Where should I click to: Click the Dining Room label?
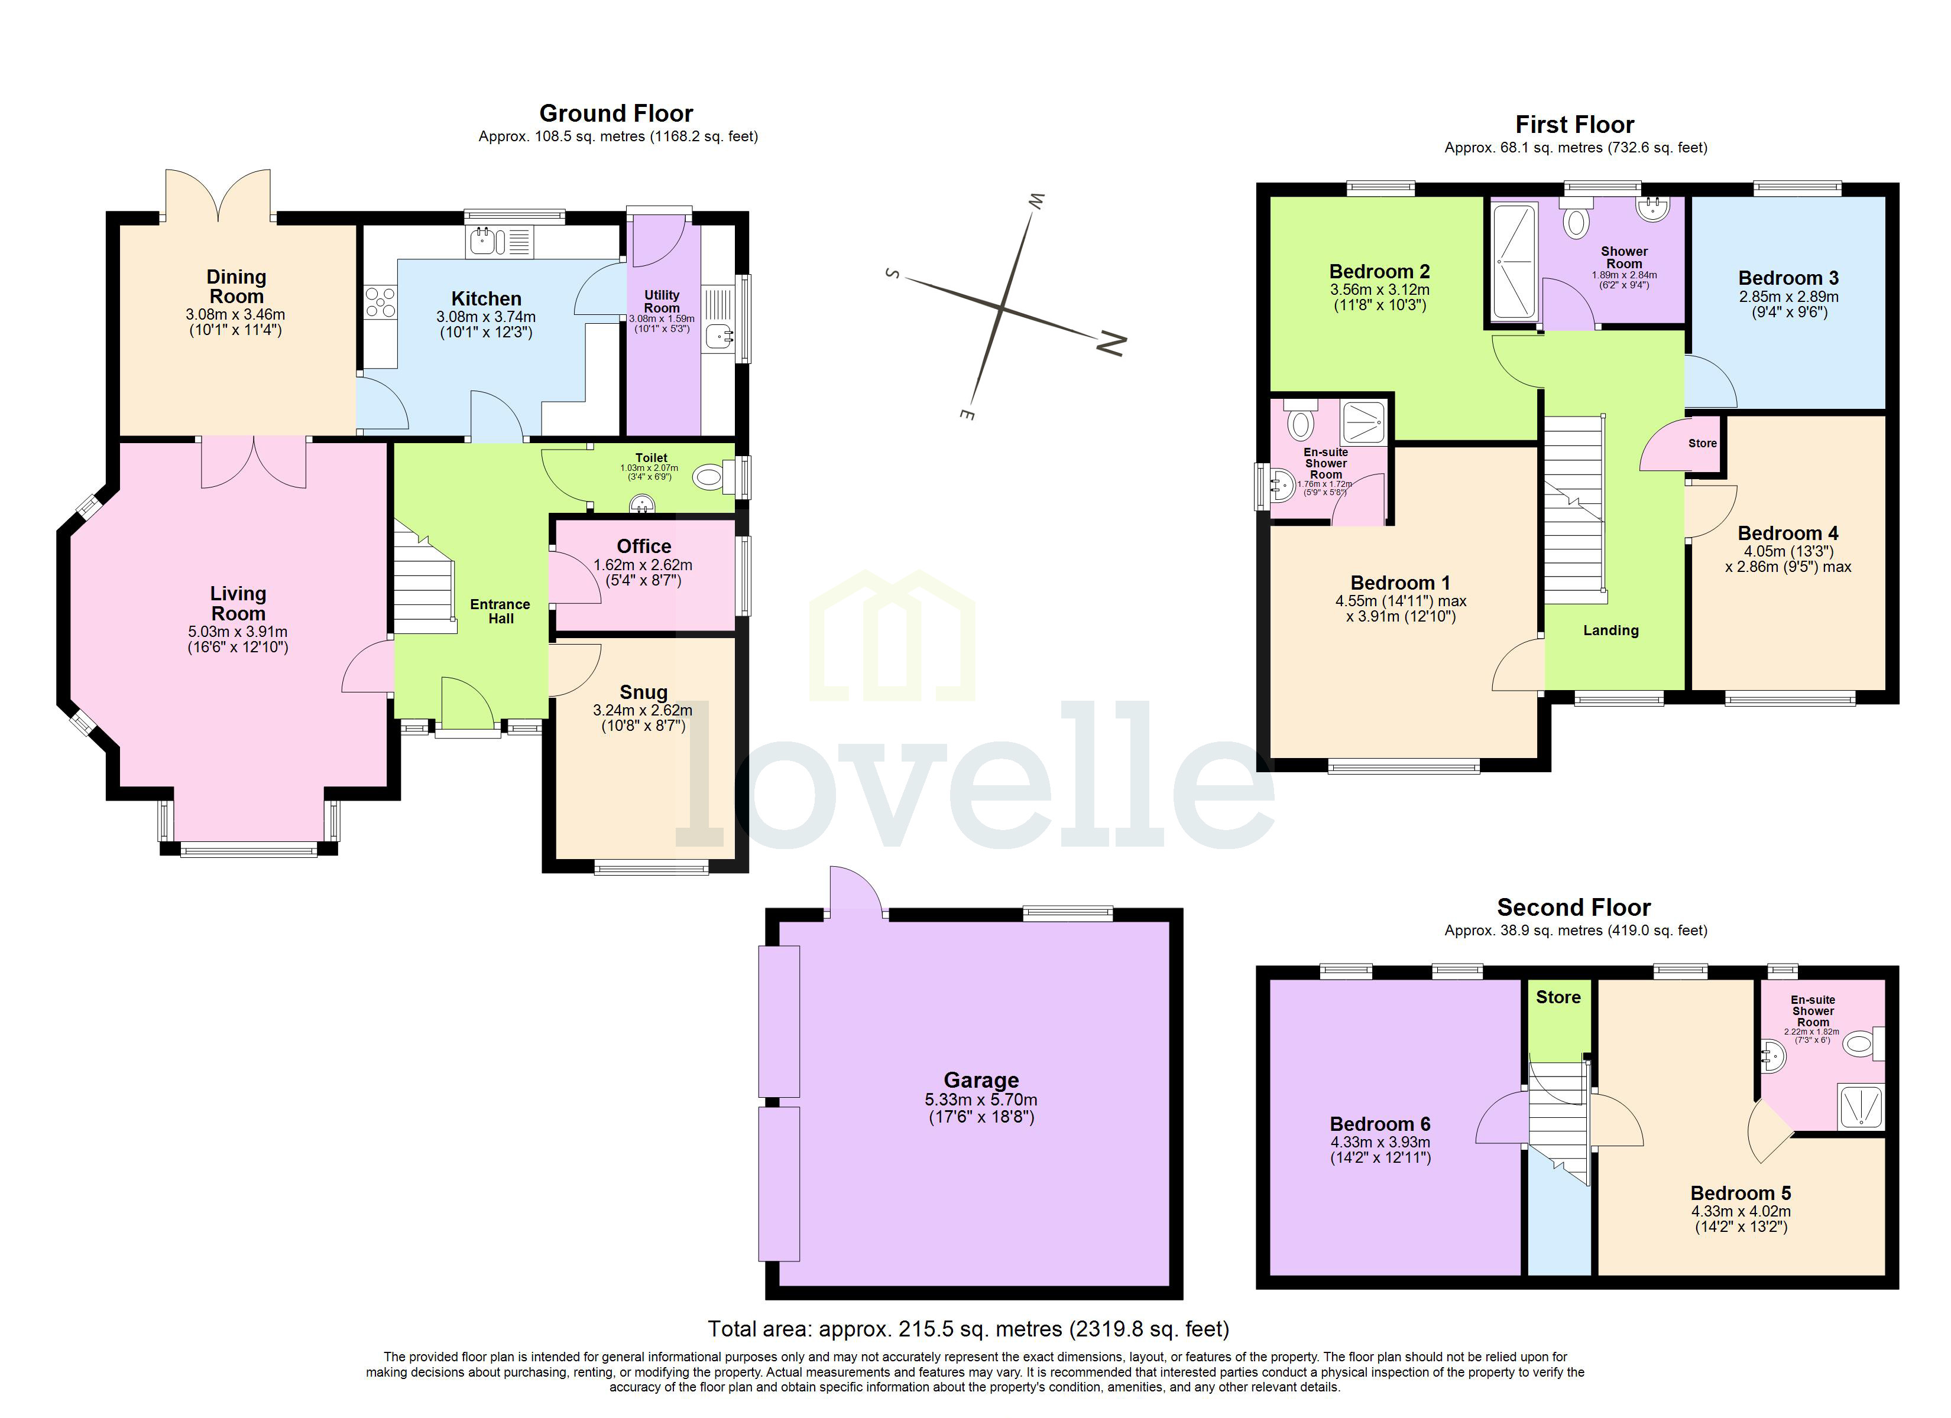point(236,287)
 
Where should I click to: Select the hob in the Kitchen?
point(380,302)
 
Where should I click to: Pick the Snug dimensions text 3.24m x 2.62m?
point(643,710)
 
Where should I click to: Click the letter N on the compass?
point(1111,343)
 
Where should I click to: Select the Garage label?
point(981,1080)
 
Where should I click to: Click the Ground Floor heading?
point(616,113)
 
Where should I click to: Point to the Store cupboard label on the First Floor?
point(1702,444)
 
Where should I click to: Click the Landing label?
point(1610,630)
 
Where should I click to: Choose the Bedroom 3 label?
point(1788,278)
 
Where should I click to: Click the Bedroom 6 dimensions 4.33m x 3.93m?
point(1380,1142)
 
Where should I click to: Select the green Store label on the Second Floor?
point(1558,997)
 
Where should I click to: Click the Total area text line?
point(968,1329)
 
